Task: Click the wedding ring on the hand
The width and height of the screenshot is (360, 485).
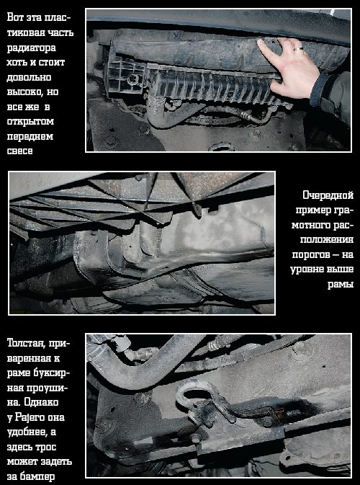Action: (299, 49)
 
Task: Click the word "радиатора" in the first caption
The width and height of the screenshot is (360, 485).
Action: (32, 48)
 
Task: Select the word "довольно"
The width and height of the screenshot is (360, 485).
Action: (29, 77)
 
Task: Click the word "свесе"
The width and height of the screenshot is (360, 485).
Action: (19, 151)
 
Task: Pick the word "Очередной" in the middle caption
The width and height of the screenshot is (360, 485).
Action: (328, 195)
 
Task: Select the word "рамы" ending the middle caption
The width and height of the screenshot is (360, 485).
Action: (341, 284)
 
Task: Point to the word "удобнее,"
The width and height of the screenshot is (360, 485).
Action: (27, 432)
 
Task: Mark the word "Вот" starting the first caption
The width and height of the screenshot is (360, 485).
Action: (15, 17)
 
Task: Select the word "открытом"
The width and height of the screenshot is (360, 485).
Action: (30, 122)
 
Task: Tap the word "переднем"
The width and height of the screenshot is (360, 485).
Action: (30, 137)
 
